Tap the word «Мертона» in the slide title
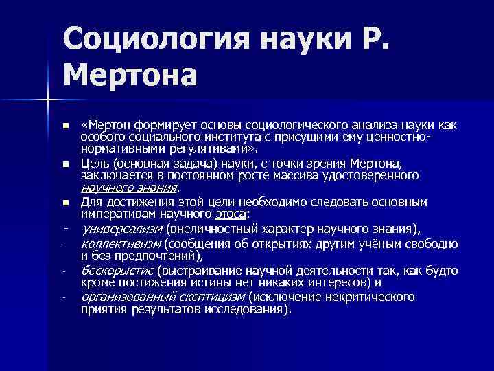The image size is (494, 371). [131, 74]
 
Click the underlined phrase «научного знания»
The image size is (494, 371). [129, 188]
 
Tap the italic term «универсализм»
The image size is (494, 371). [121, 228]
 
